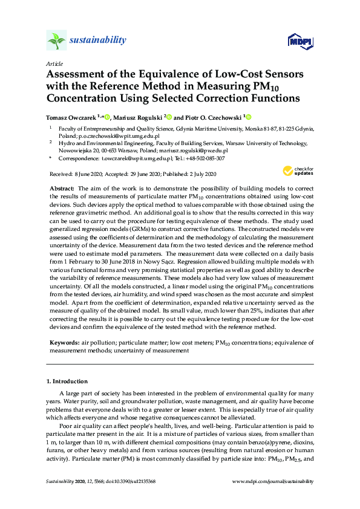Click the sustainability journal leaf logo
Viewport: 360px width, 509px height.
[56, 41]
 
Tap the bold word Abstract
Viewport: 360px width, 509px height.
[62, 189]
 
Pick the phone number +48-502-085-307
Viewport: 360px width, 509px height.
[206, 158]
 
